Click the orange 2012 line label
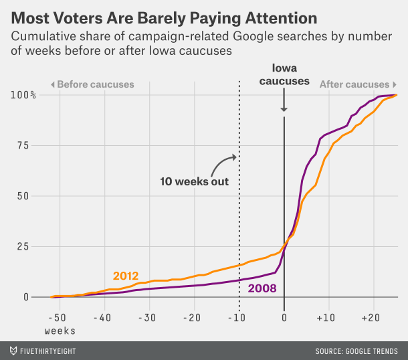coord(126,276)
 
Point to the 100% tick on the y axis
coord(23,95)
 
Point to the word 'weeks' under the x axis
coord(60,331)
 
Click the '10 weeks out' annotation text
coord(194,181)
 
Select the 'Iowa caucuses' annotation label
coord(284,75)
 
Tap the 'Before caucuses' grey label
coord(92,84)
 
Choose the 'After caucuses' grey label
coord(354,84)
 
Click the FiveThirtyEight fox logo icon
coord(14,350)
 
